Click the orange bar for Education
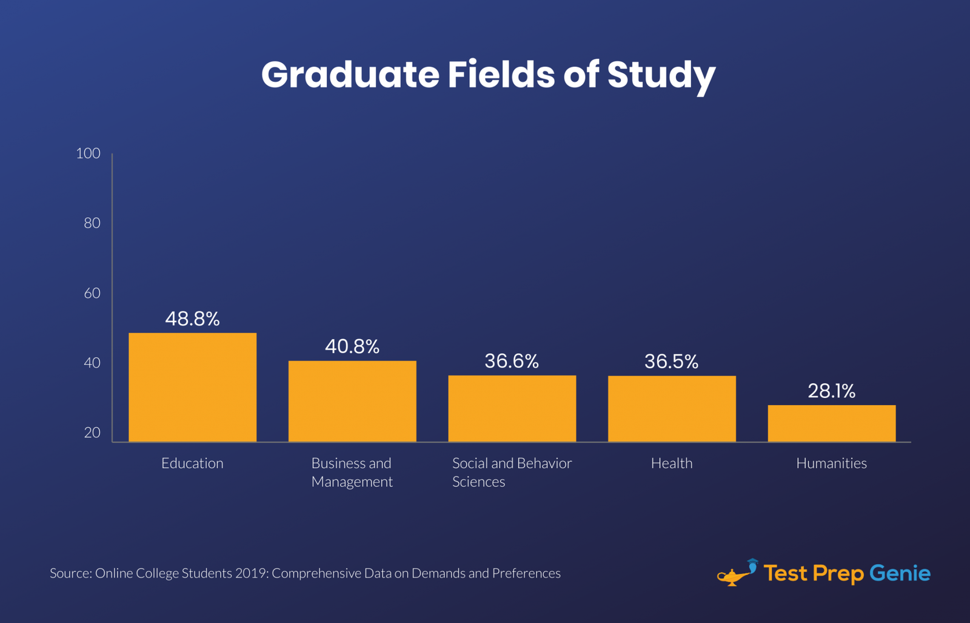pos(192,387)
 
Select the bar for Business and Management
pos(352,401)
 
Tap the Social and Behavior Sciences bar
pos(512,408)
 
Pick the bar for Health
pos(672,408)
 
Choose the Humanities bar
pos(831,423)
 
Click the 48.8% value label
pos(192,319)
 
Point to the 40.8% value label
pos(352,346)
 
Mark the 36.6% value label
pos(512,362)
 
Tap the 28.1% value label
pos(831,391)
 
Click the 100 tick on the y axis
pos(88,153)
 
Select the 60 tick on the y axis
pos(92,293)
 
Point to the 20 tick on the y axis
pos(92,433)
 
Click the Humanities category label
pos(831,463)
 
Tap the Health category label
pos(672,463)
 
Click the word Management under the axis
pos(352,482)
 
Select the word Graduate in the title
pos(350,75)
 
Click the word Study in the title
pos(661,75)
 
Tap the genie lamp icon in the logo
pos(736,573)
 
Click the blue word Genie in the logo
pos(900,573)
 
